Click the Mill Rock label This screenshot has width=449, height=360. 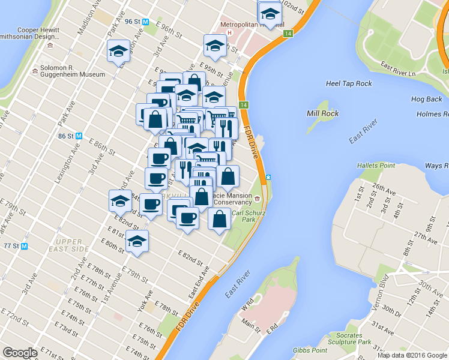tap(323, 113)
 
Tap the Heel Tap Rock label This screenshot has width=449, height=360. tap(349, 84)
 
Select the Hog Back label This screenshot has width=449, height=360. tap(426, 99)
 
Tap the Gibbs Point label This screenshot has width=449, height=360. tap(310, 350)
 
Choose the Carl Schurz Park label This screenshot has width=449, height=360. tap(244, 216)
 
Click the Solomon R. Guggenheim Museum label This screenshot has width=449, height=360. tap(73, 71)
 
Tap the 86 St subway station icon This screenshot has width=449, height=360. tap(79, 136)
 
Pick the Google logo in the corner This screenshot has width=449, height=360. tap(20, 353)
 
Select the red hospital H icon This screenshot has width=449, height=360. tap(229, 32)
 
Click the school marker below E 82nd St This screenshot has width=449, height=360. tap(137, 242)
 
